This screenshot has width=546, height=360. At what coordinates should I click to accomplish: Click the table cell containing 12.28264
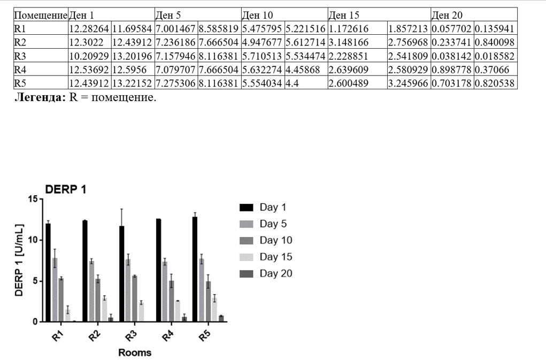pyautogui.click(x=89, y=28)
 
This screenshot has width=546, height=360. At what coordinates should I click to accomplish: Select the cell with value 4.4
pyautogui.click(x=305, y=83)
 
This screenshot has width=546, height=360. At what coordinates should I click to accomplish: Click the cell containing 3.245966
pyautogui.click(x=409, y=83)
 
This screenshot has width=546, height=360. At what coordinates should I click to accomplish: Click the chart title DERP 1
pyautogui.click(x=65, y=189)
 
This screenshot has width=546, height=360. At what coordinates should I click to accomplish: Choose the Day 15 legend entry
pyautogui.click(x=276, y=257)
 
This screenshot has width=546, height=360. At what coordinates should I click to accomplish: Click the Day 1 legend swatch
pyautogui.click(x=246, y=207)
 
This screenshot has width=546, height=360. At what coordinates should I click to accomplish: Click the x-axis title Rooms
pyautogui.click(x=134, y=353)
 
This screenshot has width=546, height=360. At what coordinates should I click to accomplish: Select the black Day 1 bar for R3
pyautogui.click(x=122, y=273)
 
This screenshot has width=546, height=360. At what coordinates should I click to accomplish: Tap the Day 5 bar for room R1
pyautogui.click(x=55, y=289)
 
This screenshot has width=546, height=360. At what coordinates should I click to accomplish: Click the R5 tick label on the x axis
pyautogui.click(x=203, y=336)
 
